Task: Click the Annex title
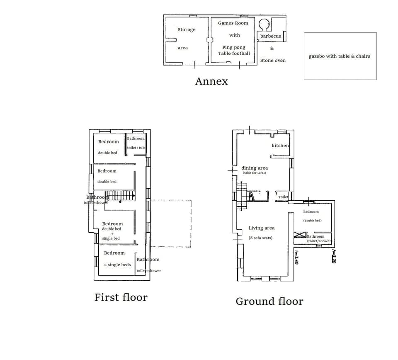click(211, 81)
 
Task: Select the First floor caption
click(121, 297)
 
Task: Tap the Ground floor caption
click(269, 302)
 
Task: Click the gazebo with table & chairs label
click(339, 56)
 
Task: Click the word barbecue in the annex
click(270, 36)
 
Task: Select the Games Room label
click(233, 23)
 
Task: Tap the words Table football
click(234, 53)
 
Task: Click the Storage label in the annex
click(186, 29)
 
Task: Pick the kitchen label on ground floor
click(280, 146)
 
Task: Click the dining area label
click(254, 168)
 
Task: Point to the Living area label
click(261, 228)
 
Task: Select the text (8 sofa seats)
click(260, 238)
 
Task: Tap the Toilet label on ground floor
click(283, 197)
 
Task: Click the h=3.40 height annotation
click(296, 257)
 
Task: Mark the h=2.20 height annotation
click(333, 256)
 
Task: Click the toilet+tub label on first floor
click(136, 148)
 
